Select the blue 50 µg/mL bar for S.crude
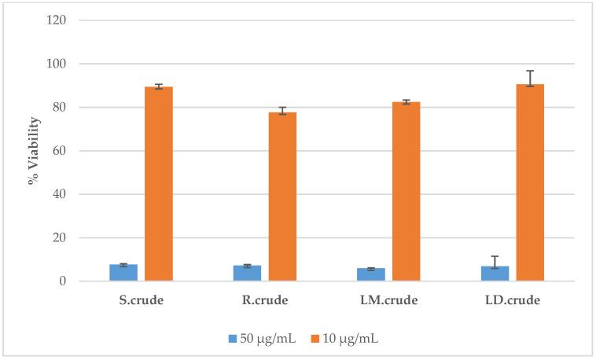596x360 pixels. coord(123,273)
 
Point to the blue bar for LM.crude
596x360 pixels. coord(371,275)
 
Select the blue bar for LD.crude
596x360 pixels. coord(495,274)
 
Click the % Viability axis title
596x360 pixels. coord(33,150)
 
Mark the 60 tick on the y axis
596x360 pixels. coord(68,151)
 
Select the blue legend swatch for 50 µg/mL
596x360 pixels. coord(233,338)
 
